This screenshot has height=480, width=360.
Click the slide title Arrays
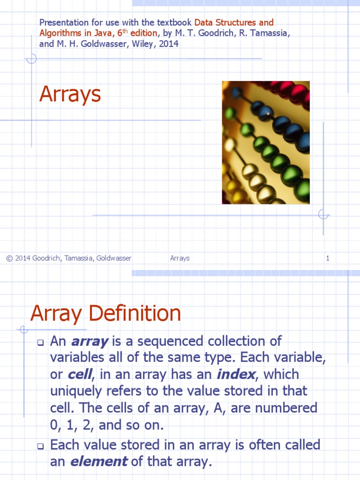[70, 94]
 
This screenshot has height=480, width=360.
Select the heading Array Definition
[105, 314]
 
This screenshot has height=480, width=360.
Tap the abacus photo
[265, 142]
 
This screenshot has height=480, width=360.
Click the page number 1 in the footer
[328, 258]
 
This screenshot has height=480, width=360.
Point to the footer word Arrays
[180, 258]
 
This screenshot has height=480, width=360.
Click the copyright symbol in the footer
[9, 258]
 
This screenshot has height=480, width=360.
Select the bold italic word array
[90, 342]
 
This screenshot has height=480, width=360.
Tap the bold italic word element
[99, 462]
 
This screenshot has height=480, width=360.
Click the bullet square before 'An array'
[40, 343]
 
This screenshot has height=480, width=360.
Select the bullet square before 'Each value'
[40, 446]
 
